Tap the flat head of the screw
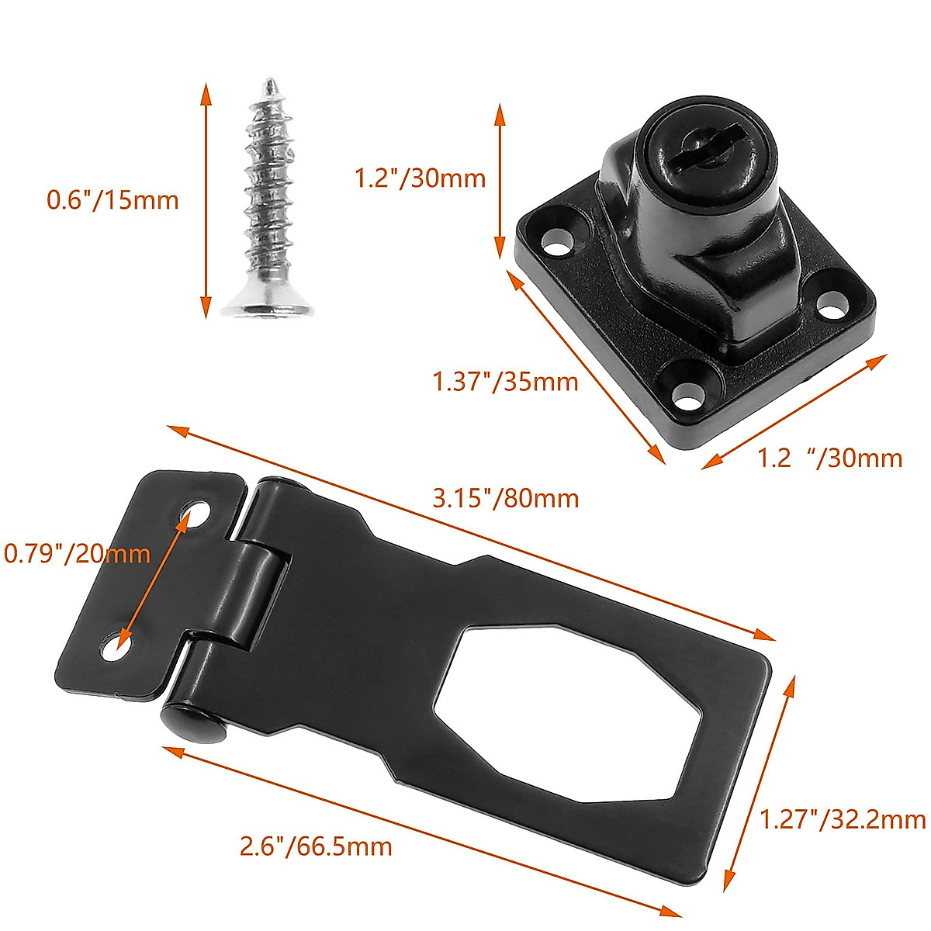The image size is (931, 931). click(x=268, y=306)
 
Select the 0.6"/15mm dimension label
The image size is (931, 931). click(x=112, y=200)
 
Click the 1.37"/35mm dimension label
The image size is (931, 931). click(x=505, y=381)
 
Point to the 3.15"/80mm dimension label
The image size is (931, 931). click(x=505, y=497)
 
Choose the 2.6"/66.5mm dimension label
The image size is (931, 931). click(x=315, y=845)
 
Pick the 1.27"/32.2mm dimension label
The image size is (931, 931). click(x=843, y=819)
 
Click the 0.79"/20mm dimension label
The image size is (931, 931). click(x=76, y=553)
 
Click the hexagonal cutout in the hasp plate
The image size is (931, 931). click(x=559, y=710)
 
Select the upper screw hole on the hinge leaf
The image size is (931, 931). click(x=196, y=514)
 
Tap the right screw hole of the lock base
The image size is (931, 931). click(x=830, y=305)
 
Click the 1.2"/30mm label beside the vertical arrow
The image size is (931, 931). click(x=420, y=178)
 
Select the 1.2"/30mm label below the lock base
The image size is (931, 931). click(x=829, y=458)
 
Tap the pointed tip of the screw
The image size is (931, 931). click(x=268, y=81)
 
